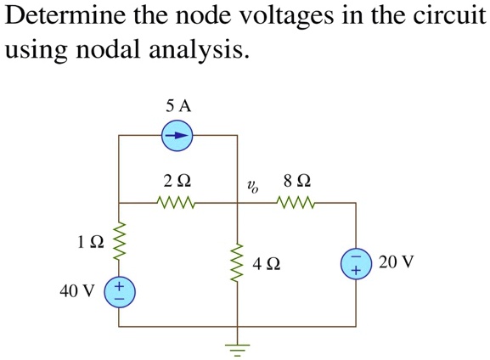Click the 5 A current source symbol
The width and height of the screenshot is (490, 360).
coord(177,135)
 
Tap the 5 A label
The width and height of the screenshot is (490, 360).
coord(179,106)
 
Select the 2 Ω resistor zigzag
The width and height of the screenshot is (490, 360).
coord(177,204)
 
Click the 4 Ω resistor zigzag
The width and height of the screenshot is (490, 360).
coord(237,263)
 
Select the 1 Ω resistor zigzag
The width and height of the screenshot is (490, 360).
coord(119,240)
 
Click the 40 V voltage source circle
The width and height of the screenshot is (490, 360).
coord(119,293)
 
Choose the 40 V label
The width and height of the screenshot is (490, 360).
coord(77,292)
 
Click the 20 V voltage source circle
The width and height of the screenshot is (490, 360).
coord(356,263)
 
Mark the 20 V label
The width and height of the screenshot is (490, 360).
coord(397,262)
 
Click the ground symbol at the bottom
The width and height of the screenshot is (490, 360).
coord(237,346)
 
